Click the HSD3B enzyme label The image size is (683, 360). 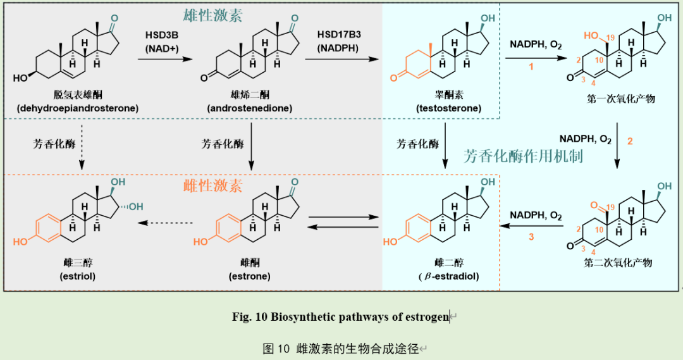tap(161, 35)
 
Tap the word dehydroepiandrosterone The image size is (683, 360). tap(78, 108)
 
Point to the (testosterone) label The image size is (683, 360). tap(448, 108)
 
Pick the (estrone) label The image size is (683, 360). tap(249, 276)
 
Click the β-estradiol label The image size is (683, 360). tap(448, 276)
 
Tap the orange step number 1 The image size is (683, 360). tap(531, 66)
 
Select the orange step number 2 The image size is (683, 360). tap(629, 142)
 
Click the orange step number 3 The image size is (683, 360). tap(531, 237)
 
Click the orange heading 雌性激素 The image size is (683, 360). tap(212, 185)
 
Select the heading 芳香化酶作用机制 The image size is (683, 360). tap(523, 156)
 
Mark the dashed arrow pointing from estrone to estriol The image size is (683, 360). tap(166, 223)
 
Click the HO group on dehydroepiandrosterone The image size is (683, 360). tap(21, 78)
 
